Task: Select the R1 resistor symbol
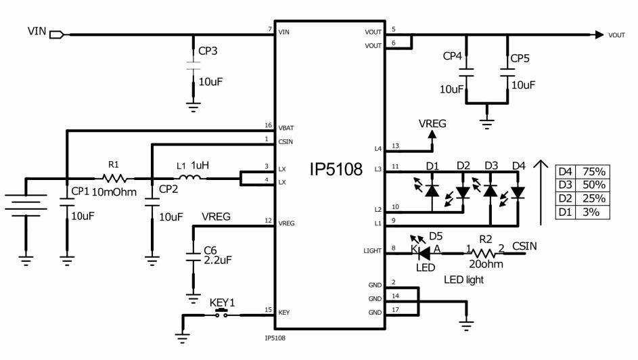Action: (113, 179)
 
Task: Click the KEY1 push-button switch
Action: (220, 314)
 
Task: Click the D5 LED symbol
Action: (424, 252)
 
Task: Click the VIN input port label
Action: (37, 32)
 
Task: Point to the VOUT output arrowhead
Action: (599, 35)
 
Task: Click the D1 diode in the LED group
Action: (432, 192)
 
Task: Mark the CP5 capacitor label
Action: (520, 58)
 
